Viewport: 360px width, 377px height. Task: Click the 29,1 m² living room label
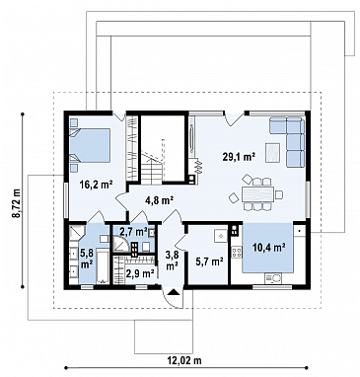point(239,158)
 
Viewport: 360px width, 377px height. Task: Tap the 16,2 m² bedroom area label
point(97,185)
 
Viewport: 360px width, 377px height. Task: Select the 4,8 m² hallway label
point(160,200)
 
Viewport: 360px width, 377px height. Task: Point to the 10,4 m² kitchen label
point(268,248)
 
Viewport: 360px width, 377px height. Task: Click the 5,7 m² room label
point(209,262)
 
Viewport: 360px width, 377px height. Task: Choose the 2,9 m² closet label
point(140,273)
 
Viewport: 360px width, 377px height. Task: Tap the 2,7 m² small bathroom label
point(133,232)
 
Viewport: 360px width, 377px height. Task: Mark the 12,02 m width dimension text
point(184,360)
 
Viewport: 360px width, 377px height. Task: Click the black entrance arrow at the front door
point(173,291)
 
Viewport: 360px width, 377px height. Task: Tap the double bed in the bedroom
point(90,145)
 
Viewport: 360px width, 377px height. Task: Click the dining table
point(258,194)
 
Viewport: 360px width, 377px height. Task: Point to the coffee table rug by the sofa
point(273,152)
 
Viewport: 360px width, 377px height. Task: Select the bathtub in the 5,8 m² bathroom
point(103,266)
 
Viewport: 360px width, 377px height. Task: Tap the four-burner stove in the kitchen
point(237,253)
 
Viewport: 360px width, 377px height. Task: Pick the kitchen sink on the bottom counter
point(273,278)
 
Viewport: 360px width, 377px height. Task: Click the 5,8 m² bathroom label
point(86,259)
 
